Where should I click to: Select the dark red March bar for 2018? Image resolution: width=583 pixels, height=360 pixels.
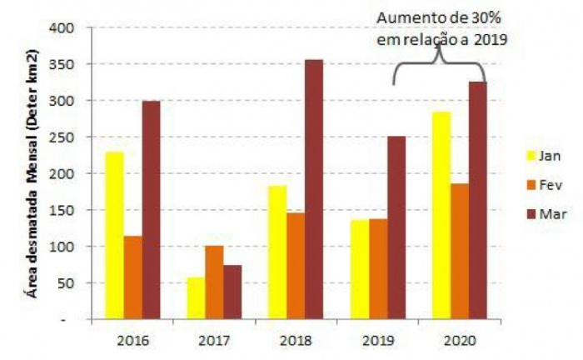[x=313, y=190]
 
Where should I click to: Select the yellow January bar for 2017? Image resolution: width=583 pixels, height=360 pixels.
[x=195, y=298]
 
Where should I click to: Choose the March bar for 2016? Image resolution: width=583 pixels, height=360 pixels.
[x=151, y=210]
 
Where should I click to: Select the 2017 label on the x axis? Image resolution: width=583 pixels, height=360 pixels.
[x=214, y=340]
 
